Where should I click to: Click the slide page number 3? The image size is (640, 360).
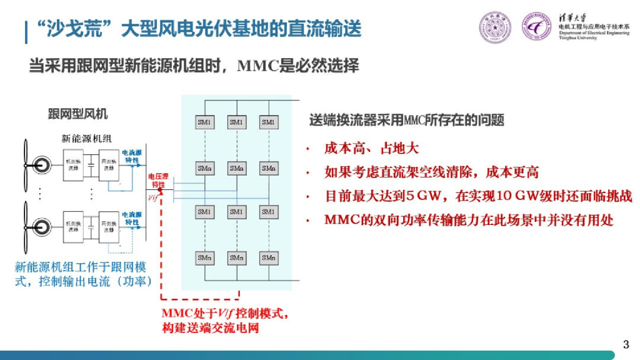[x=627, y=344]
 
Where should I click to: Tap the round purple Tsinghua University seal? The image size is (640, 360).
[x=494, y=27]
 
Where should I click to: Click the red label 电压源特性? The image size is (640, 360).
[x=157, y=181]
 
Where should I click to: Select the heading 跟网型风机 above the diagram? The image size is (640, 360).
[x=78, y=114]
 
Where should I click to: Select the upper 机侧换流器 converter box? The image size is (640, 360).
[x=74, y=165]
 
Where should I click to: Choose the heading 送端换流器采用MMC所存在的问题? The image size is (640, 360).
[x=407, y=120]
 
